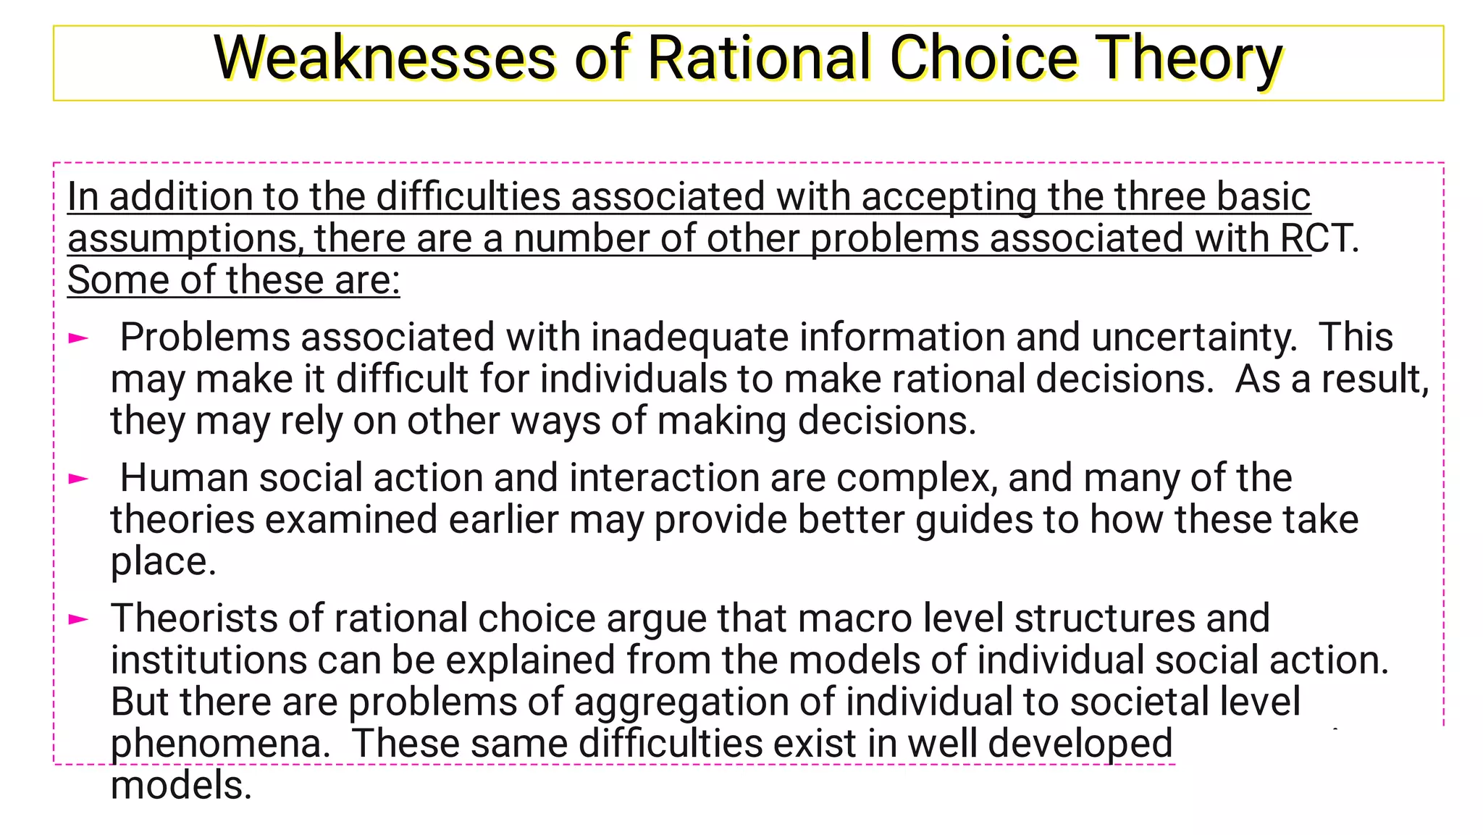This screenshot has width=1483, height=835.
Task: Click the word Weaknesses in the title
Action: click(385, 58)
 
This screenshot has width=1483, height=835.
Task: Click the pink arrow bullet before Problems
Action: click(78, 337)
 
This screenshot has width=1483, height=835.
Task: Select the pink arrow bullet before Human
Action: click(78, 478)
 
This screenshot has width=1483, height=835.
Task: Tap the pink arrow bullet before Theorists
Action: click(78, 618)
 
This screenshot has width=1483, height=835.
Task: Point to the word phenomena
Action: click(220, 744)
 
